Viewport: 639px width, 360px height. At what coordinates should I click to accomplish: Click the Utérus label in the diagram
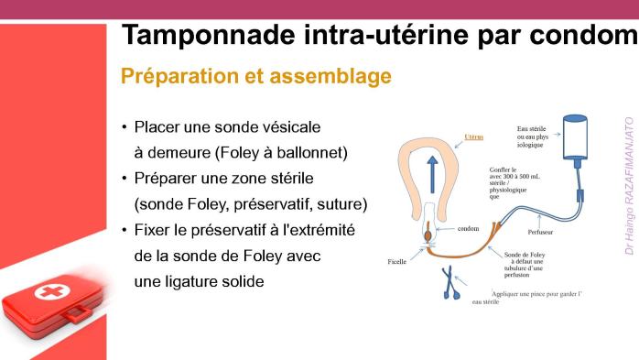tap(473, 136)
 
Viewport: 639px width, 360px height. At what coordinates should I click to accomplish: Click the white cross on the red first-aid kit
tap(45, 293)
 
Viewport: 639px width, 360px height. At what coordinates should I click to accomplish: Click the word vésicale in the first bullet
tap(276, 126)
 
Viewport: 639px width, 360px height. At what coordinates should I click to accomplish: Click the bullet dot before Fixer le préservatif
tap(125, 229)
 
